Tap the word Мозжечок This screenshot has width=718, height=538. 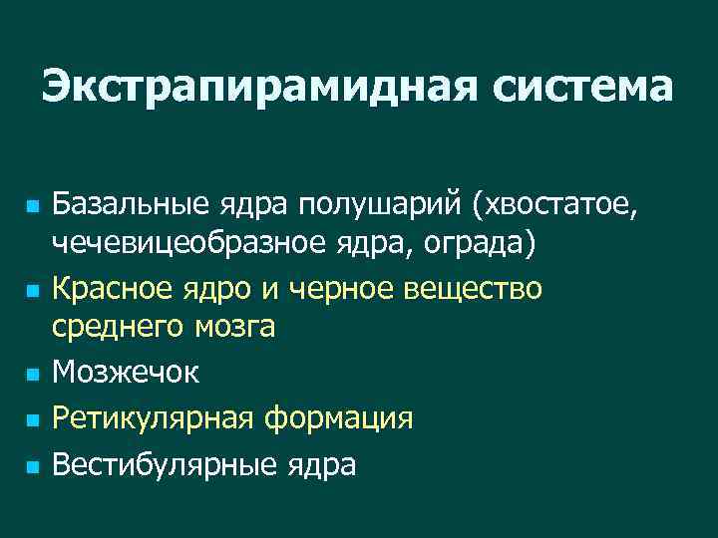tap(126, 373)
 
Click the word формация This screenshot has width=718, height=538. tap(338, 417)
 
